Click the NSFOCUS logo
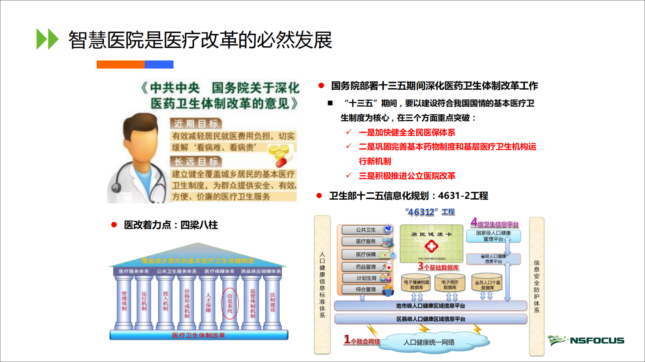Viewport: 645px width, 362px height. tap(586, 340)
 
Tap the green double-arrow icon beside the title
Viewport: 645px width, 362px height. tap(47, 39)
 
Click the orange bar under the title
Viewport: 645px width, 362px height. tap(120, 65)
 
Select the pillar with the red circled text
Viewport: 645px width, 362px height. tap(230, 303)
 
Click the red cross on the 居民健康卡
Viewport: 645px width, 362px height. tap(431, 246)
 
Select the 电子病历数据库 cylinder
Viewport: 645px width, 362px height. tap(450, 284)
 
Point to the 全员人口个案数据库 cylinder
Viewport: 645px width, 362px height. tap(487, 284)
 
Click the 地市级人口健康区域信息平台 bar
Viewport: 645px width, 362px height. tap(430, 306)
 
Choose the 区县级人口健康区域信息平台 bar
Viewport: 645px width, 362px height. tap(430, 319)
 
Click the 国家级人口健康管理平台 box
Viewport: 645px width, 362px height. tap(493, 236)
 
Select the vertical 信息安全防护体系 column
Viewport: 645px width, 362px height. tap(536, 286)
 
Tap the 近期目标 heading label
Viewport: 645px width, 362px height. tap(196, 123)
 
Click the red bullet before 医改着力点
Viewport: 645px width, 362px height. tap(114, 225)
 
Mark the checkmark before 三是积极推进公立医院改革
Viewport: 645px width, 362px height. tap(349, 175)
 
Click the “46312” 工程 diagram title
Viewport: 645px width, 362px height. tap(430, 212)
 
